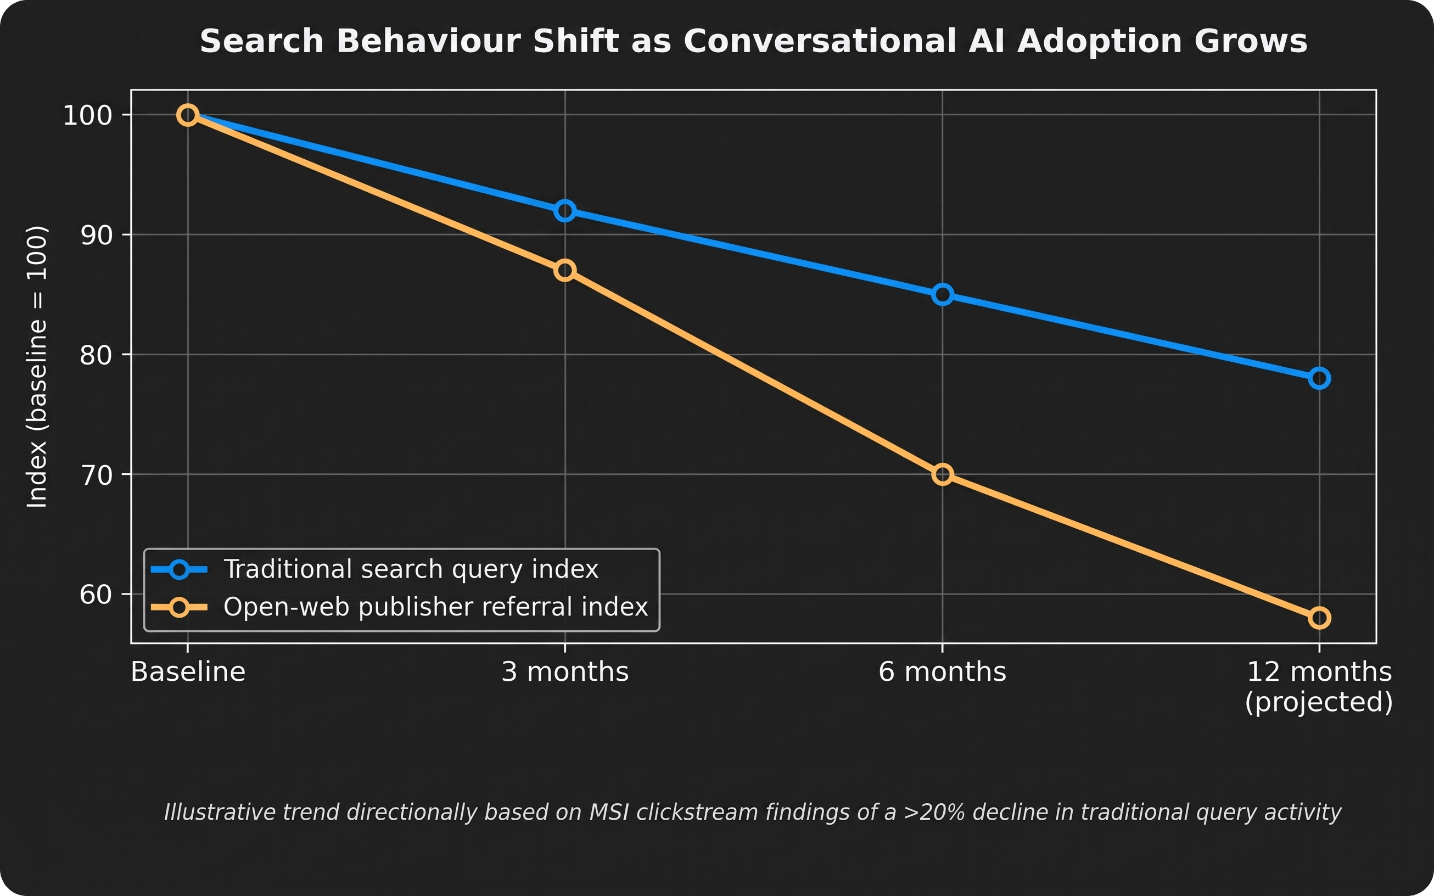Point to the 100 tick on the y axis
(x=88, y=115)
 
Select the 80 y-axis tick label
(x=96, y=355)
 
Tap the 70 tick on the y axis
(x=96, y=475)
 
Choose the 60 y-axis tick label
(x=96, y=595)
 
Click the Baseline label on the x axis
(x=188, y=672)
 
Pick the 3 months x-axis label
(x=565, y=672)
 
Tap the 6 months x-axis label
(x=942, y=672)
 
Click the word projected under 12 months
(x=1319, y=702)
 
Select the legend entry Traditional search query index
(x=411, y=569)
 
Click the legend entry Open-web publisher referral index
(x=435, y=607)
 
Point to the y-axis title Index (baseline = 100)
(x=37, y=366)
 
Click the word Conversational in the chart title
(x=820, y=42)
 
